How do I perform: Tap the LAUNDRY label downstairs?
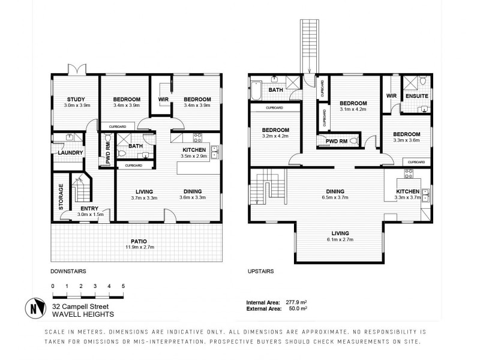pos(70,153)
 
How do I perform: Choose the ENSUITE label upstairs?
pos(416,95)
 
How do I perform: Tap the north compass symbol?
pos(35,308)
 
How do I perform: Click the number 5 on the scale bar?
pos(123,286)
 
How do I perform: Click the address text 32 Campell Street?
pos(82,305)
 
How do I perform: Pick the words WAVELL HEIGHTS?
pos(83,313)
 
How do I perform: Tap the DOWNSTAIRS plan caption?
pos(68,271)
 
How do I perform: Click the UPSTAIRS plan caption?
pos(261,271)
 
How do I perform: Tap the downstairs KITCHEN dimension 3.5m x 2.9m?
pos(193,156)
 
